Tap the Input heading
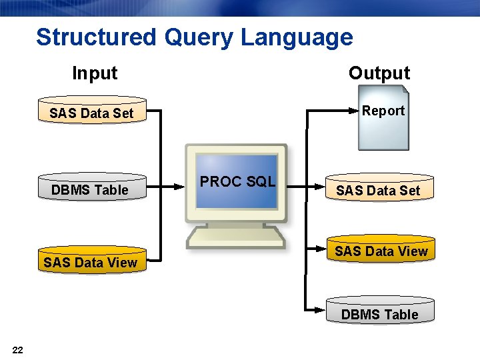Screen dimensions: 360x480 tap(95, 73)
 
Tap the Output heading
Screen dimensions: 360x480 tap(379, 73)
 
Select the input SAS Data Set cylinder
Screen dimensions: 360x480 tap(91, 113)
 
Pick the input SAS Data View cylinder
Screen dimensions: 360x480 tap(91, 262)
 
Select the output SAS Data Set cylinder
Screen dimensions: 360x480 tap(378, 190)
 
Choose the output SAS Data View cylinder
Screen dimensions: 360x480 tap(381, 251)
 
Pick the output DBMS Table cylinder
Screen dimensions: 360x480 tap(380, 314)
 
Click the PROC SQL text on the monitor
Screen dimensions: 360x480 tap(237, 181)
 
